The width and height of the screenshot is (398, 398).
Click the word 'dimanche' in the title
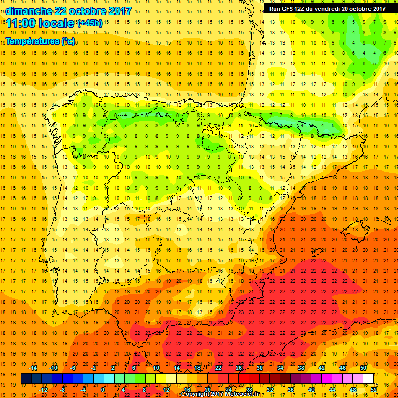point(29,11)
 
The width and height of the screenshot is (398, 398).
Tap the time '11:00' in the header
point(22,23)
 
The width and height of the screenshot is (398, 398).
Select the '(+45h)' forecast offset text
point(90,23)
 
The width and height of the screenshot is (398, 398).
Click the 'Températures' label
point(33,41)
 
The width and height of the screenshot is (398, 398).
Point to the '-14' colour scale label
point(33,368)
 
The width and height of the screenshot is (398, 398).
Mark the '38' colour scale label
point(300,368)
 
